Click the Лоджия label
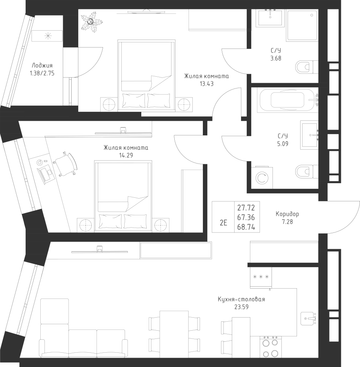(42, 66)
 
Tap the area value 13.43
(206, 84)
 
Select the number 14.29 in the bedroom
(126, 155)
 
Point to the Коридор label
(287, 214)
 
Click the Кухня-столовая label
(241, 299)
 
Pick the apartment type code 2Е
(224, 223)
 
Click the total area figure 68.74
(246, 227)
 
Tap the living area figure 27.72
(246, 208)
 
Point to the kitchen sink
(309, 318)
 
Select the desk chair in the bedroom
(65, 164)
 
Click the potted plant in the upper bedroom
(91, 22)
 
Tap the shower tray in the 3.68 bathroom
(303, 25)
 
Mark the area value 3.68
(276, 58)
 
